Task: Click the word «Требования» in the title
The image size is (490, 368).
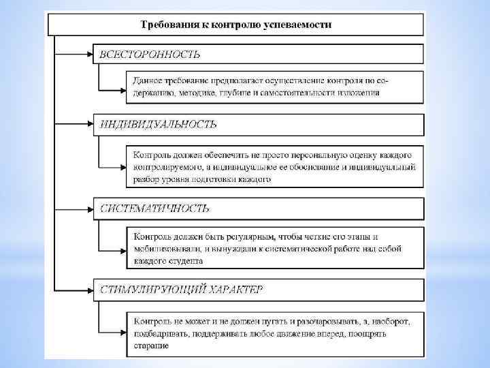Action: pyautogui.click(x=165, y=25)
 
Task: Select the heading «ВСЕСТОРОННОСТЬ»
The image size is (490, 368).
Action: pyautogui.click(x=150, y=53)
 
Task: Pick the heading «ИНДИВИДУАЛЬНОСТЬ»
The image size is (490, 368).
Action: pyautogui.click(x=158, y=124)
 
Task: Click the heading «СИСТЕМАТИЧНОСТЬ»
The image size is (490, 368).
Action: pyautogui.click(x=154, y=208)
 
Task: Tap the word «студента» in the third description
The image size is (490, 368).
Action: pyautogui.click(x=184, y=260)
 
